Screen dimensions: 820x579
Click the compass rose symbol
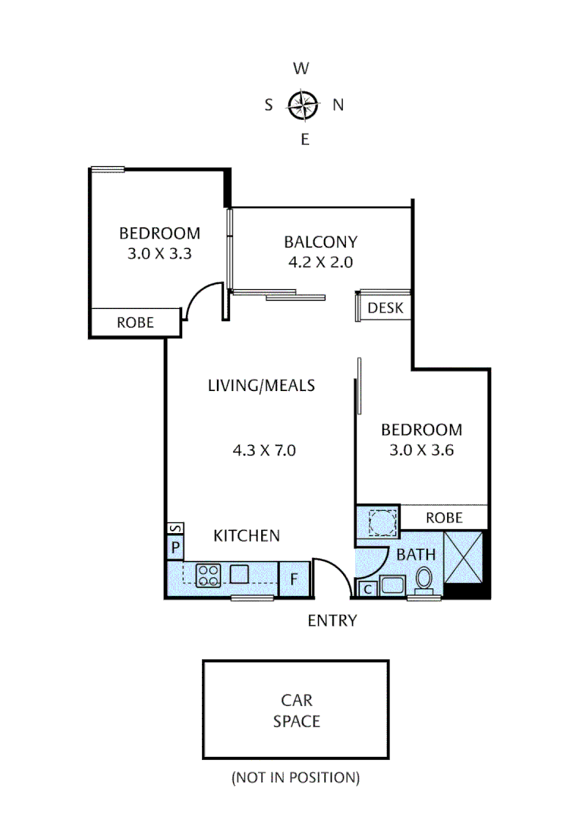coord(302,105)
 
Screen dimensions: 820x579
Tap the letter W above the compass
coord(301,69)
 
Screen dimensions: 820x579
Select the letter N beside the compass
coord(338,106)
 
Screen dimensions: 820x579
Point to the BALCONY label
coord(320,243)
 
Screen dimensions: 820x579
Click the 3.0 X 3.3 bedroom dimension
coord(159,254)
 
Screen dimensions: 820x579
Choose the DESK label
coord(385,308)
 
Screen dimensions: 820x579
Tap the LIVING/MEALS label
coord(261,386)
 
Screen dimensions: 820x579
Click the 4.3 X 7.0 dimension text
coord(263,450)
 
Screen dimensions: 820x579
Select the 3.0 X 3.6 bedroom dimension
coord(421,449)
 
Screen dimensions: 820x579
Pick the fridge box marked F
coord(294,580)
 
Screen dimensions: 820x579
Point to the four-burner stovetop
coord(207,575)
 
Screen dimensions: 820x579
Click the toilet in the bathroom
coord(424,580)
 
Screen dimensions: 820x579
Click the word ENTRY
coord(332,621)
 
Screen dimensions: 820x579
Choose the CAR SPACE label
coord(296,710)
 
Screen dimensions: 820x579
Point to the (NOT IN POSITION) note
coord(295,777)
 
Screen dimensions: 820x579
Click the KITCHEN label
coord(247,536)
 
